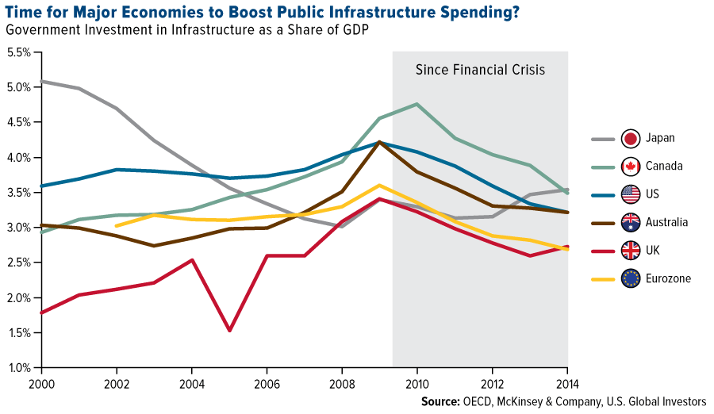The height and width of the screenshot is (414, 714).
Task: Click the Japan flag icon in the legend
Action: click(x=631, y=138)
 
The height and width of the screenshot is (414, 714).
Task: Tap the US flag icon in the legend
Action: click(x=631, y=194)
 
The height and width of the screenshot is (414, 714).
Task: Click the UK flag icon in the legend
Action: click(x=631, y=250)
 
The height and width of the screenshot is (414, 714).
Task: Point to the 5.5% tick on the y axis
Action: click(x=19, y=52)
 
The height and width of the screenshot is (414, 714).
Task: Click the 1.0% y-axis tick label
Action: click(x=19, y=368)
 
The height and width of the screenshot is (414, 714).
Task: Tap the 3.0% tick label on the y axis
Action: click(x=19, y=228)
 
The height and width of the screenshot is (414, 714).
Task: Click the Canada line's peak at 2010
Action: click(x=416, y=104)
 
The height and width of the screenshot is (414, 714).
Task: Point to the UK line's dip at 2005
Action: click(x=230, y=330)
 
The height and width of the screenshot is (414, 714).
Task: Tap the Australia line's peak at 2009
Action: click(x=379, y=142)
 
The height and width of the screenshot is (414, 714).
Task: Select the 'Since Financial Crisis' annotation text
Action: click(x=480, y=70)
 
